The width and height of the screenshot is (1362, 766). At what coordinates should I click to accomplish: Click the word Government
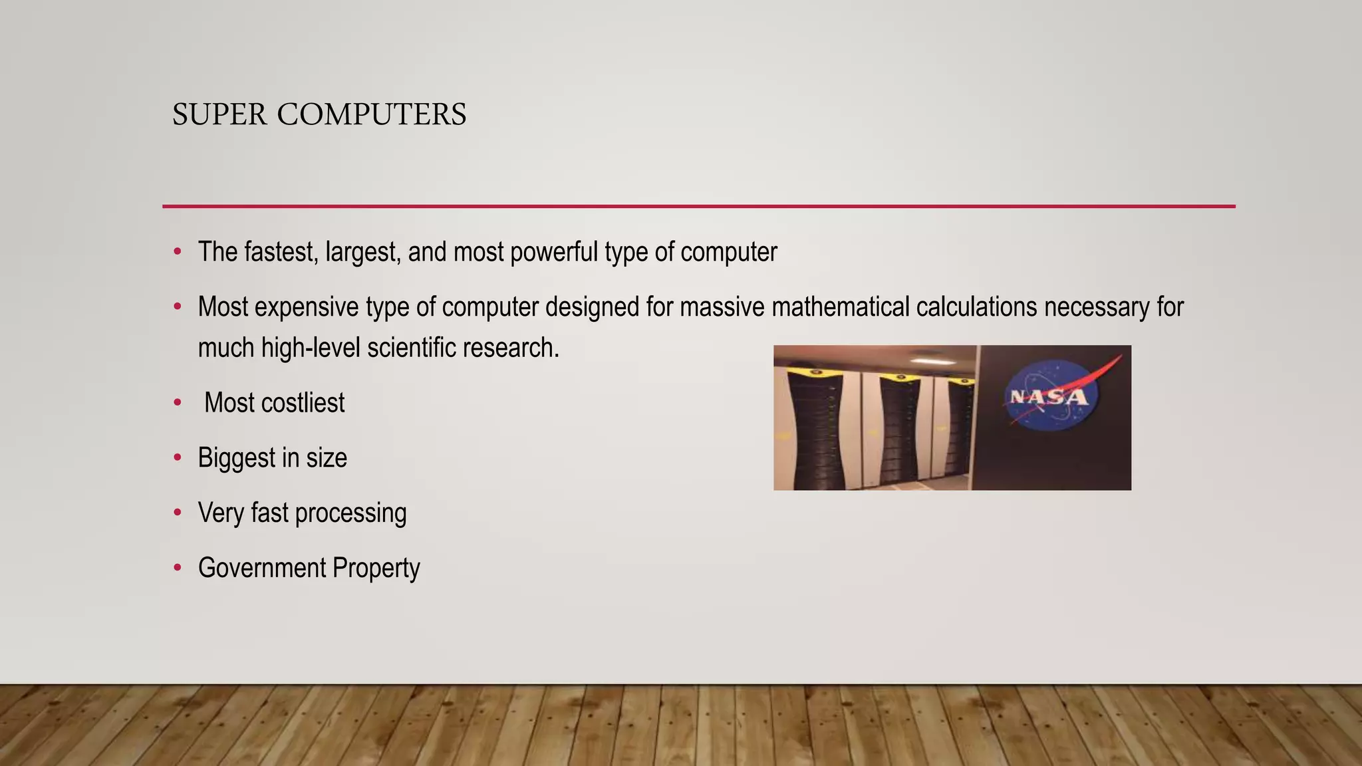point(262,569)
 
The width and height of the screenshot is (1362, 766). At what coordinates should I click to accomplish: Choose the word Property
point(376,569)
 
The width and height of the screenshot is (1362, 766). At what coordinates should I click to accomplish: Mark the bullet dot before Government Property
point(177,568)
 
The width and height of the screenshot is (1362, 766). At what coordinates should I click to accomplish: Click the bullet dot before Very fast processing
point(177,513)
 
